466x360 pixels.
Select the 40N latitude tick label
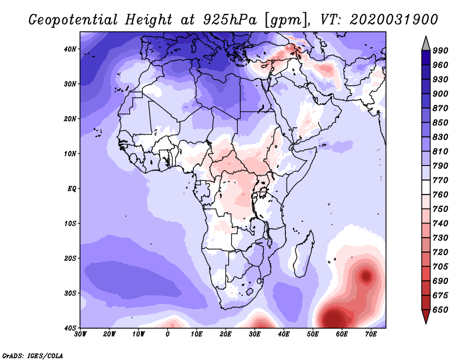point(70,49)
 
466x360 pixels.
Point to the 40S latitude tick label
point(70,328)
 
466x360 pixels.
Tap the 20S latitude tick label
point(70,258)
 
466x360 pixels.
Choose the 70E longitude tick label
point(371,334)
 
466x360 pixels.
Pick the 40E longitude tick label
point(284,334)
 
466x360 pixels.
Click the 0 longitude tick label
point(168,334)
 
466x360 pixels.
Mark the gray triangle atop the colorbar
point(426,43)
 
